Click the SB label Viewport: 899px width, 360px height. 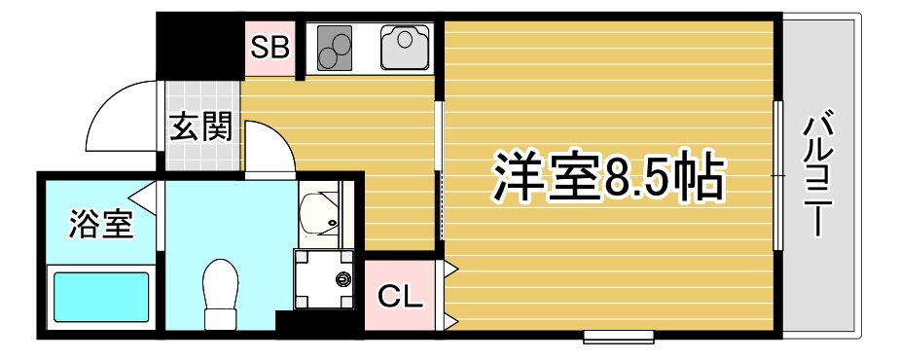[270, 48]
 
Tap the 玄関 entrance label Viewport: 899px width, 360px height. [201, 126]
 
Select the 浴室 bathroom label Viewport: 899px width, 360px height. [101, 224]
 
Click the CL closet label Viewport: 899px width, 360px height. [400, 297]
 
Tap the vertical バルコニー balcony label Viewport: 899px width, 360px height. [818, 176]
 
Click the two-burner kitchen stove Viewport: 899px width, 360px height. [335, 48]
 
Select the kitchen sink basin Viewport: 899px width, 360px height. [405, 47]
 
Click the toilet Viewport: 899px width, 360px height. [221, 294]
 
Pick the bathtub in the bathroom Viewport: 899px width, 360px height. [101, 296]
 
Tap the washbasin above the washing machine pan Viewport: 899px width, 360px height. [320, 213]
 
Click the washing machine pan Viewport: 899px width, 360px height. [323, 279]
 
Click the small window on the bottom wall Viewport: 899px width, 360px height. [619, 337]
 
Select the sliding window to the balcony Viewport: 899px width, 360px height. [777, 175]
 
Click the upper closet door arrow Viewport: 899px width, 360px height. [449, 268]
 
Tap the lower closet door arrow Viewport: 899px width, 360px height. [449, 322]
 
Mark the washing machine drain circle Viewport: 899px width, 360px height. [342, 280]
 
